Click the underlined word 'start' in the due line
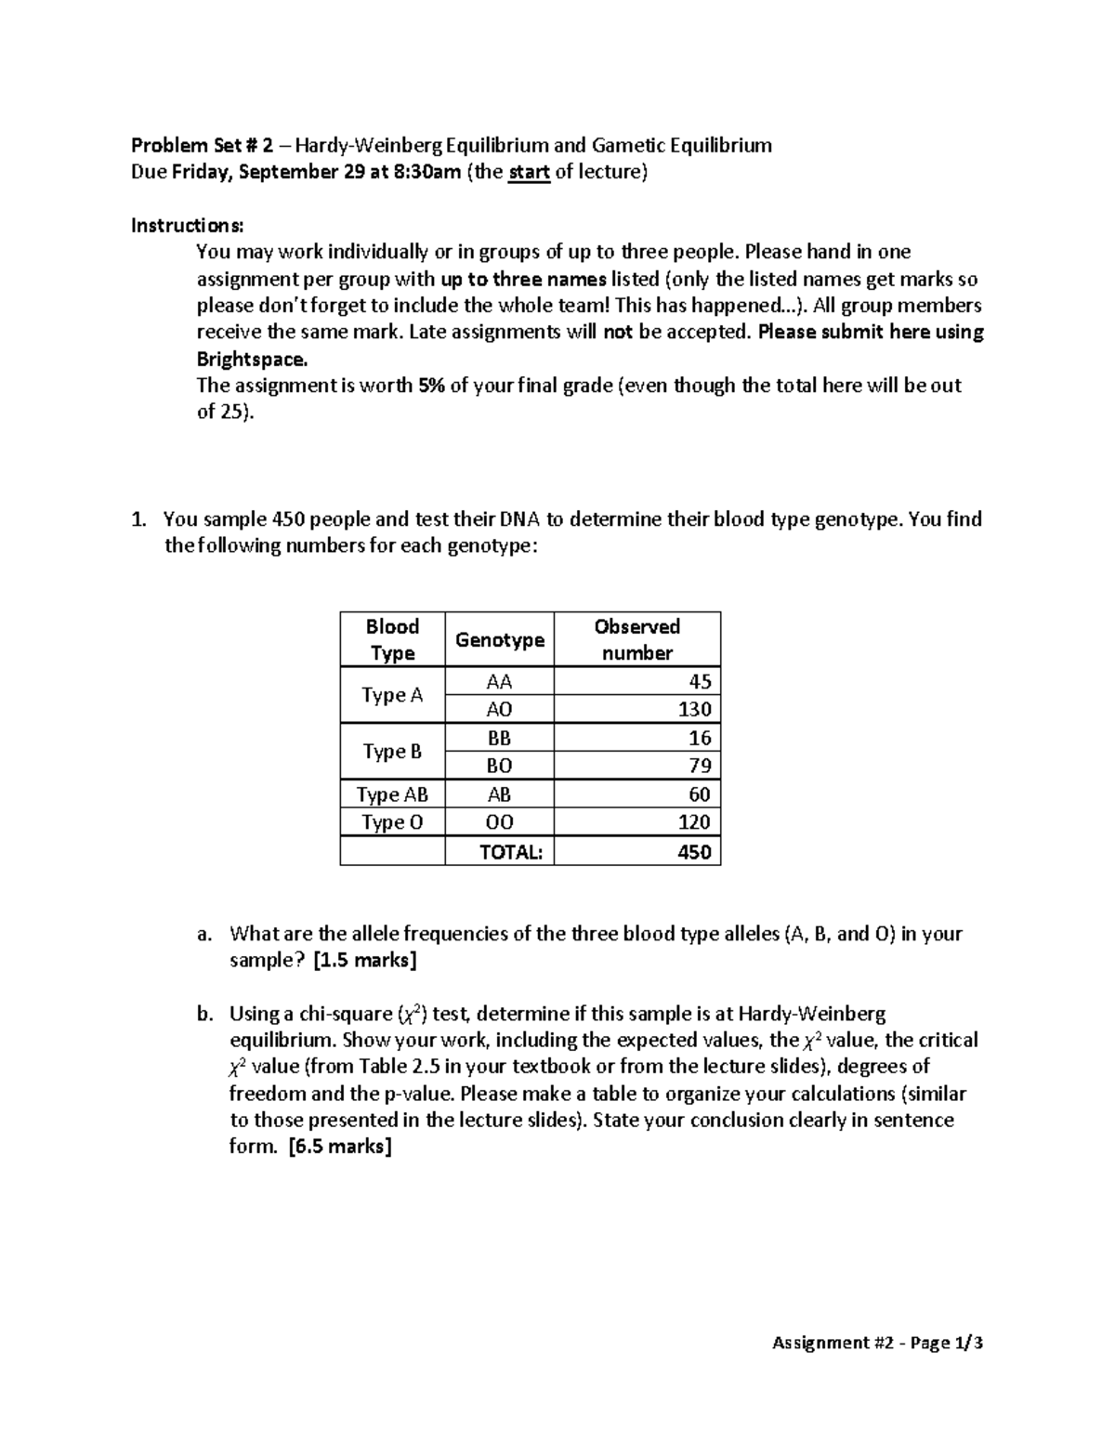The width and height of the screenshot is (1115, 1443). pos(529,172)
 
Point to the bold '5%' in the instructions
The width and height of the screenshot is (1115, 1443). pos(431,386)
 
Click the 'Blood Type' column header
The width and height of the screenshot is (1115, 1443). pos(392,639)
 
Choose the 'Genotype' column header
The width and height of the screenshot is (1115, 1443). pos(499,639)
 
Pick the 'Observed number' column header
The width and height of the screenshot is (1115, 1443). pos(636,639)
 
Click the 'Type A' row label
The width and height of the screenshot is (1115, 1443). pos(392,695)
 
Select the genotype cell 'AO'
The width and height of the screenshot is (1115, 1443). pos(499,709)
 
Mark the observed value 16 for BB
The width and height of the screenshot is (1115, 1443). pos(700,738)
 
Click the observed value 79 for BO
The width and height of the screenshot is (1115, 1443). pos(700,766)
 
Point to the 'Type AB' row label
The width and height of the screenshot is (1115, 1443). pos(392,794)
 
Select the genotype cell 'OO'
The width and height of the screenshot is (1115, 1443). pos(499,822)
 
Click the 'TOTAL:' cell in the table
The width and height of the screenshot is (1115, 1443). pos(510,851)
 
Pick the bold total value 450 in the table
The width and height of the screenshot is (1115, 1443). pos(694,851)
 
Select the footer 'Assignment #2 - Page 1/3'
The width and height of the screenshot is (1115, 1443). pos(877,1342)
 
